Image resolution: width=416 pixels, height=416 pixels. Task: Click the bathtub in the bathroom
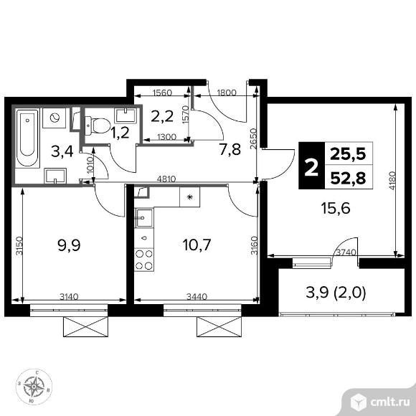point(27,138)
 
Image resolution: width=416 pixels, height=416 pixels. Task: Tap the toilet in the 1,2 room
point(98,126)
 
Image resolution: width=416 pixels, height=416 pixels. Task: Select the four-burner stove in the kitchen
point(144,260)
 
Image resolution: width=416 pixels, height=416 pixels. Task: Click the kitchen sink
point(144,218)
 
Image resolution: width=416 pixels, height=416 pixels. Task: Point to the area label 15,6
point(336,208)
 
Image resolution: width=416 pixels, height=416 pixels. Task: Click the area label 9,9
point(69,245)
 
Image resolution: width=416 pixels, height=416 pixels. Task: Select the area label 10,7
point(197,245)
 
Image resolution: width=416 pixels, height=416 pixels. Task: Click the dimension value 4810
point(166,179)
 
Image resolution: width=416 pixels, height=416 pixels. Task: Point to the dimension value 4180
point(392,181)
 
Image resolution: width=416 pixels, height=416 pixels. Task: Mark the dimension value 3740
point(346,252)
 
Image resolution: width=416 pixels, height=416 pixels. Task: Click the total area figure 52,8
point(348,177)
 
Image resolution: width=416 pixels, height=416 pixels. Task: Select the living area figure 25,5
point(348,153)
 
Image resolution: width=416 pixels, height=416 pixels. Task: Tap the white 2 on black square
point(311,166)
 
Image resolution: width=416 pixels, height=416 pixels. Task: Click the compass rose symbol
point(34,387)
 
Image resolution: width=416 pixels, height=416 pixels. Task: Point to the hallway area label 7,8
point(230,149)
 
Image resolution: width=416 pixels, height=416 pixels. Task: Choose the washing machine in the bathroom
point(55,118)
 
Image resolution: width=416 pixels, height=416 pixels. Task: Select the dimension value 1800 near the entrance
point(227,93)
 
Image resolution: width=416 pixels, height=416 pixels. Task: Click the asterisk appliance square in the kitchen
point(189,197)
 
